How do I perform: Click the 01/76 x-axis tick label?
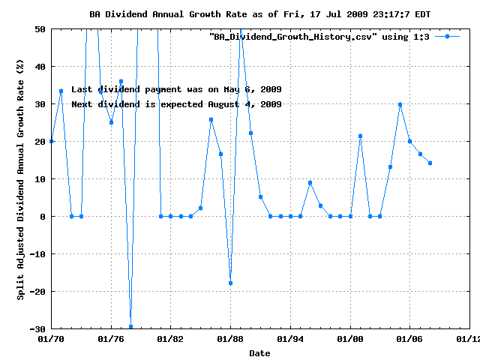pos(111,339)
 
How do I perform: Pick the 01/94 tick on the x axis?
pos(290,339)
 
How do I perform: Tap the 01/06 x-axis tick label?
pos(409,339)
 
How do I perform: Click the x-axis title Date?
pos(259,352)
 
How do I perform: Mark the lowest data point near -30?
pos(130,326)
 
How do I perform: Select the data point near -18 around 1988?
pos(230,283)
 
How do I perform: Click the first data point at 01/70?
pos(51,141)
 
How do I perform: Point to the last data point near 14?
pos(430,163)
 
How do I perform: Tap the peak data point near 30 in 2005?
pos(400,104)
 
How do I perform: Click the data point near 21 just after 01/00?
pos(360,136)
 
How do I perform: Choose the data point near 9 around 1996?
pos(310,182)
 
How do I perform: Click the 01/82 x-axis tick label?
pos(171,339)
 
